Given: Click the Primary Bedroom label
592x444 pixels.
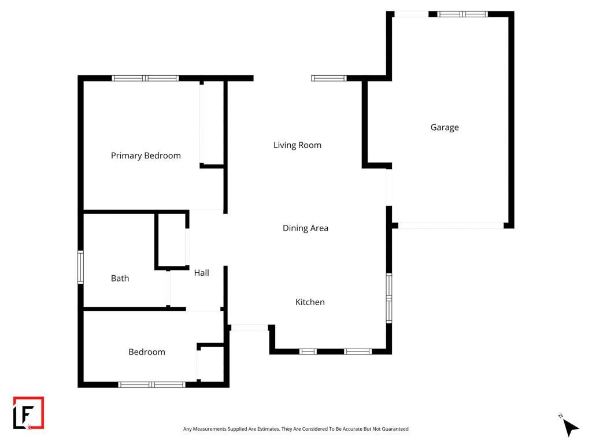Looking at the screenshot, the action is (x=146, y=156).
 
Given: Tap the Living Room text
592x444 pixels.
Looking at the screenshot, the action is (x=298, y=145).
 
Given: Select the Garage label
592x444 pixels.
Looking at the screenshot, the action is (x=445, y=128).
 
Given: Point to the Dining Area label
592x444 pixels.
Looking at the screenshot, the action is (x=305, y=228).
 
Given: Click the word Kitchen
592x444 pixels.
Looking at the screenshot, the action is (x=310, y=302).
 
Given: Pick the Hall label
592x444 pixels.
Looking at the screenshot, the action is (x=202, y=273).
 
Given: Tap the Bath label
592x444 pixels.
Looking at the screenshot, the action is (x=120, y=278).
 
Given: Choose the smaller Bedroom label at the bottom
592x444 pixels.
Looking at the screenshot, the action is (x=147, y=352).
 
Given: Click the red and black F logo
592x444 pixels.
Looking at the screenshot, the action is (x=29, y=413).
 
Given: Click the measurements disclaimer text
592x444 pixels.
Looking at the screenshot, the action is (x=295, y=429).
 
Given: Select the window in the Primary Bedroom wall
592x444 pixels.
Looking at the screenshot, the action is (x=145, y=79).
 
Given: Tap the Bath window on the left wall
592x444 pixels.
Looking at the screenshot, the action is (x=80, y=267).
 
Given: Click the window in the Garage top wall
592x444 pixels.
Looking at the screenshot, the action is (x=462, y=14).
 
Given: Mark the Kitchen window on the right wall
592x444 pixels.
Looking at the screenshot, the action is (x=389, y=298).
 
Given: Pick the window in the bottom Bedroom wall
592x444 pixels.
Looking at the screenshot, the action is (x=152, y=384).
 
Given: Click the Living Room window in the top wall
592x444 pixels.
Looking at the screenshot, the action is (x=329, y=79).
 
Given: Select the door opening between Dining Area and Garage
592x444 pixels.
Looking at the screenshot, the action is (x=389, y=187).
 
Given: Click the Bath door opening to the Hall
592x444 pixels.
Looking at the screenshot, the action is (x=168, y=288).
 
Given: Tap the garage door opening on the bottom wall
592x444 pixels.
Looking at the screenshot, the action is (x=451, y=226).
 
